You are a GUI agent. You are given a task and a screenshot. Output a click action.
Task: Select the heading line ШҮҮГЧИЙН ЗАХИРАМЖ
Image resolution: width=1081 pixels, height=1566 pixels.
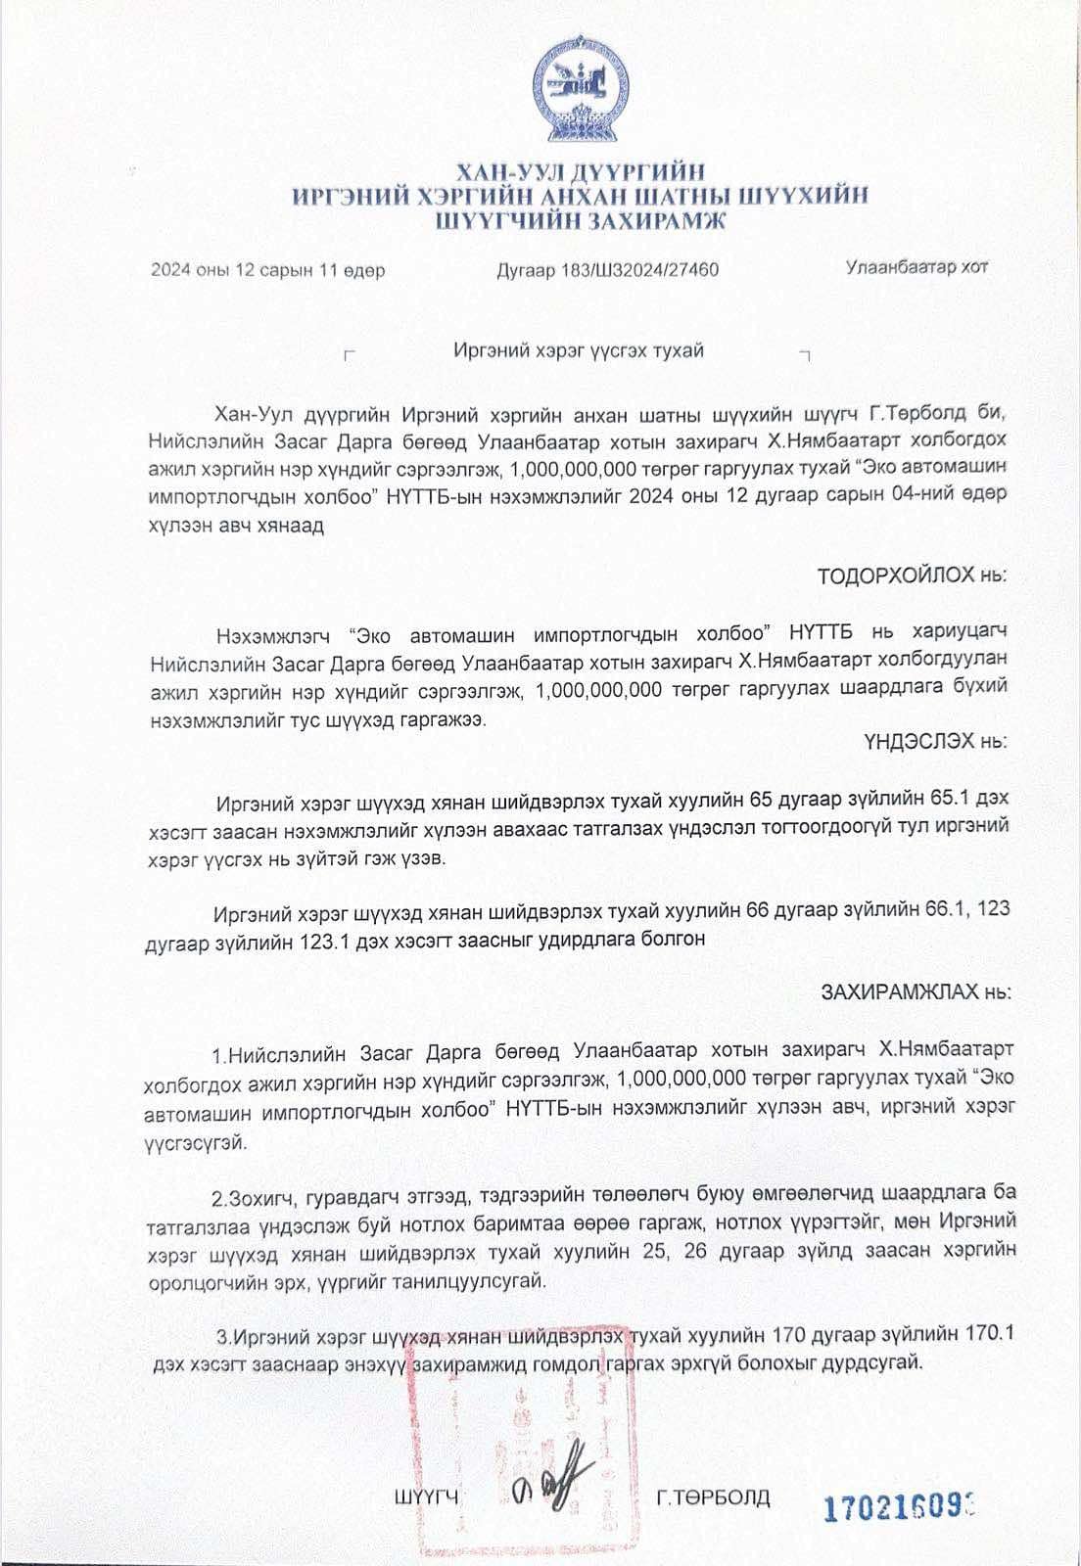pos(582,221)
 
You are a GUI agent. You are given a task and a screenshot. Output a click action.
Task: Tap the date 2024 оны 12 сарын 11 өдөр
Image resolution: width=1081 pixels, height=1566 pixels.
pos(267,270)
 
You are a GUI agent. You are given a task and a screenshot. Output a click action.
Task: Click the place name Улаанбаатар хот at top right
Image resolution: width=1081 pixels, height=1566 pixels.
pos(916,267)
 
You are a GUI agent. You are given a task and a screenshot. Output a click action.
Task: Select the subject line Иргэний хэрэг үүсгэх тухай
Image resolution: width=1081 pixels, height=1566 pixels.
pos(580,350)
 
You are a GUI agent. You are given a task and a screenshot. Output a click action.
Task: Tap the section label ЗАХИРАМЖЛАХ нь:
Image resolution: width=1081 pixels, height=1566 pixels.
pos(916,992)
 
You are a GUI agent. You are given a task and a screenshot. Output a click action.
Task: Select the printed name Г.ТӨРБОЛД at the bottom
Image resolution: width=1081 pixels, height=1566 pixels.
pos(713,1497)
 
